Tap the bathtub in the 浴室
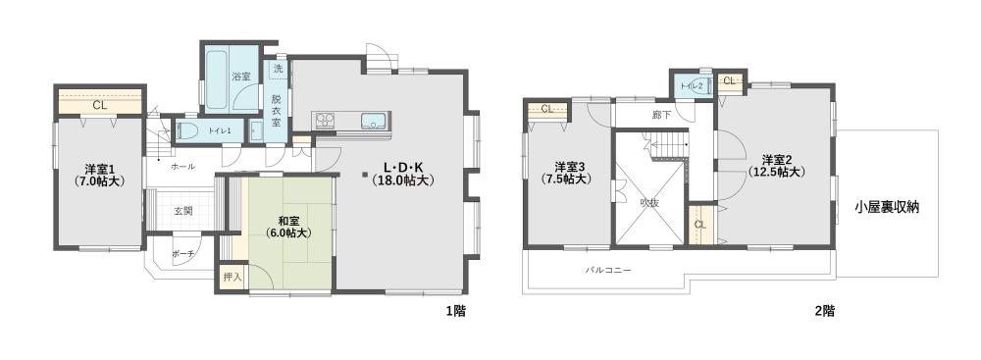pyautogui.click(x=217, y=80)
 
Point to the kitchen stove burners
pyautogui.click(x=325, y=119)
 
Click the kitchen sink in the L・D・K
pyautogui.click(x=374, y=121)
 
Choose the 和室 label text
pyautogui.click(x=288, y=221)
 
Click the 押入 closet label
pyautogui.click(x=232, y=277)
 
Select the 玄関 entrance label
pyautogui.click(x=182, y=210)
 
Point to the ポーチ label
pyautogui.click(x=182, y=253)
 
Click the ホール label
pyautogui.click(x=182, y=167)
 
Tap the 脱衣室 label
pyautogui.click(x=277, y=110)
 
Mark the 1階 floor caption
pyautogui.click(x=455, y=311)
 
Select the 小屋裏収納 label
pyautogui.click(x=886, y=208)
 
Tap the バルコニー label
pyautogui.click(x=608, y=271)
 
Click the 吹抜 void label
pyautogui.click(x=648, y=203)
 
